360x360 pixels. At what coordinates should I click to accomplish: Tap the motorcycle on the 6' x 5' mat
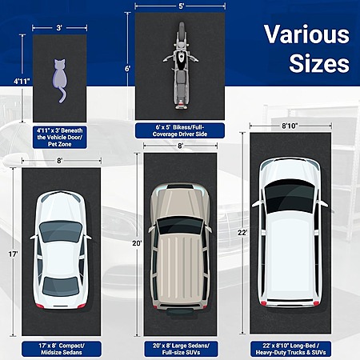tap(181, 66)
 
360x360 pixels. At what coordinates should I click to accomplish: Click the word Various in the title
tap(306, 34)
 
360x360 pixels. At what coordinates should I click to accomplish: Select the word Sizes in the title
tap(319, 63)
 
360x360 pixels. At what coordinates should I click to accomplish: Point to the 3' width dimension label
tap(59, 28)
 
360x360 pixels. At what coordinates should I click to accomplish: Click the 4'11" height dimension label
tap(22, 82)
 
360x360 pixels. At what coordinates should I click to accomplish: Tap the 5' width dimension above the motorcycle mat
tap(182, 6)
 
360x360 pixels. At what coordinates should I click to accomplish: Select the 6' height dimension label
tap(127, 69)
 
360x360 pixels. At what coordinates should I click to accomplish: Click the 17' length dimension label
tap(13, 254)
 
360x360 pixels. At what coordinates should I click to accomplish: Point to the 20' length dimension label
tap(137, 243)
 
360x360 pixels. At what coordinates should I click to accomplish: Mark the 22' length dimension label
tap(242, 233)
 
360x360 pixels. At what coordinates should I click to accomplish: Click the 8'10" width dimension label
tap(290, 126)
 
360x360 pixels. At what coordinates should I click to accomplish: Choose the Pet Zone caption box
tap(60, 138)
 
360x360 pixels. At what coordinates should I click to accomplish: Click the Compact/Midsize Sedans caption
tap(62, 349)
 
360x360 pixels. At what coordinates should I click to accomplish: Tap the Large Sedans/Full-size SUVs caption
tap(181, 349)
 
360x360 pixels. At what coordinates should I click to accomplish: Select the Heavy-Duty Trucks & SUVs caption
tap(290, 349)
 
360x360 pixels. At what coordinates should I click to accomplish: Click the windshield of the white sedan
tap(61, 231)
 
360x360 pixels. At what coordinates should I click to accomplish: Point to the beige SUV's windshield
tap(181, 226)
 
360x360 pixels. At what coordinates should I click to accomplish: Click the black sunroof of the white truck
tap(289, 196)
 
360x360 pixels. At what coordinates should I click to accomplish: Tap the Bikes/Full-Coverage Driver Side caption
tap(180, 130)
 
